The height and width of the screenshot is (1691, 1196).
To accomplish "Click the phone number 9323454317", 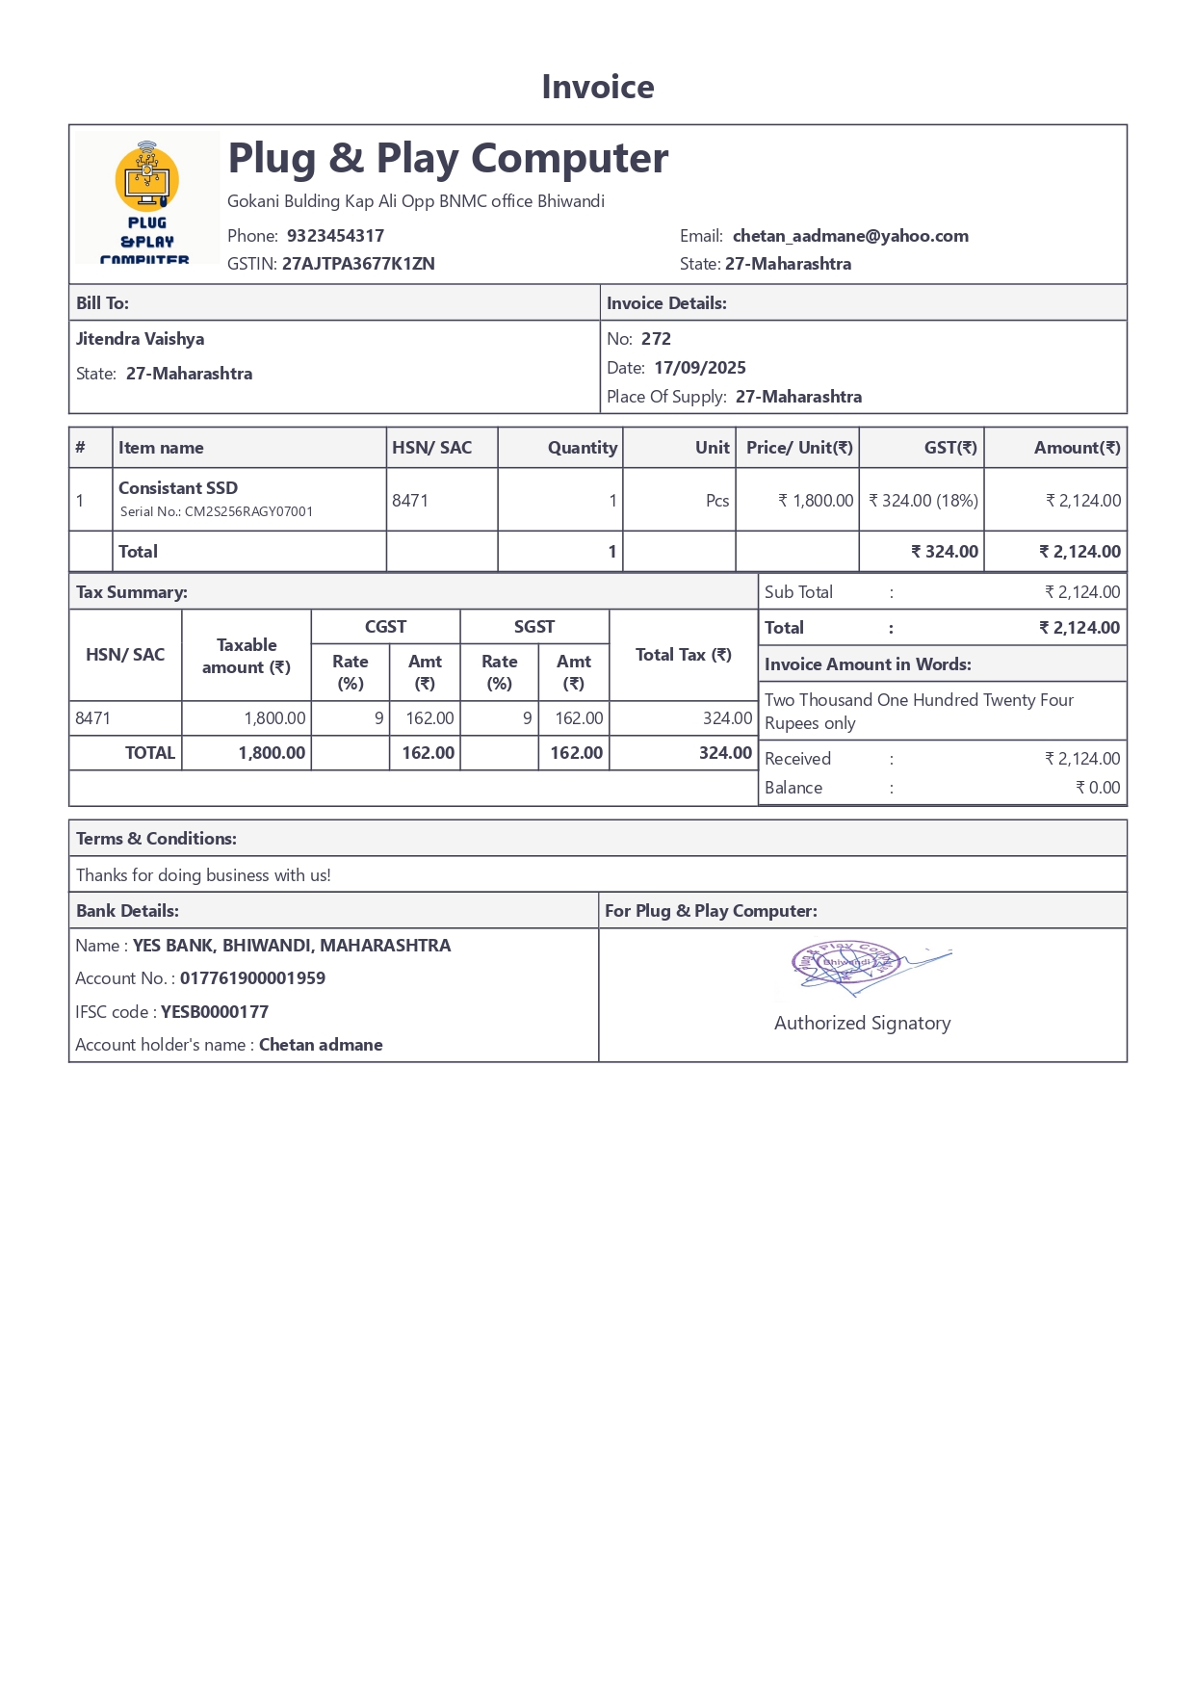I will (x=335, y=236).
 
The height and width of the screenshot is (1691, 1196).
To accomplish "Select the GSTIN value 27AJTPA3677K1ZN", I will (x=358, y=264).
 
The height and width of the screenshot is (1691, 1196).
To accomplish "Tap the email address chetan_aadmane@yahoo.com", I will (x=850, y=236).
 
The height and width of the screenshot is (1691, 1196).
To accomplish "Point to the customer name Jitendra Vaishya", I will (x=141, y=339).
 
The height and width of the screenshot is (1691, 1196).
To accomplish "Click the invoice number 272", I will (x=656, y=339).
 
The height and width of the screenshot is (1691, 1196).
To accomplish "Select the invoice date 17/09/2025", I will (x=700, y=368).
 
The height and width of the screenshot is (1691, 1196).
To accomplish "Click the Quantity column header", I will (x=582, y=448).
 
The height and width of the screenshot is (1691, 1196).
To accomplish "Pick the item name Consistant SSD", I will (x=178, y=488).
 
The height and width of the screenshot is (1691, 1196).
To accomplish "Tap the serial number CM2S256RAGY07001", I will (x=248, y=512).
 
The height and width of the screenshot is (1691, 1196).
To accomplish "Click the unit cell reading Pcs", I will (x=717, y=501).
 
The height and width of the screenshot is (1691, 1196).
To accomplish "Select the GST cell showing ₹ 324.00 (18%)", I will (x=923, y=501).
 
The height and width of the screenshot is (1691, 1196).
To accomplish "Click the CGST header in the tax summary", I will (x=385, y=627).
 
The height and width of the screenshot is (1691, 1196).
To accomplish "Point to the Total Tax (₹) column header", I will (x=684, y=655).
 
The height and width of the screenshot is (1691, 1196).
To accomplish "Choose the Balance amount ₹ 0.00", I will (x=1098, y=788).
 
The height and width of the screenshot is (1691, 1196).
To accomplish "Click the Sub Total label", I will (x=798, y=592).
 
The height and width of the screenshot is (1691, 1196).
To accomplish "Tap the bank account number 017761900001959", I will (x=252, y=978).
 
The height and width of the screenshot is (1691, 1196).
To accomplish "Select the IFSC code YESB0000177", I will (x=215, y=1012).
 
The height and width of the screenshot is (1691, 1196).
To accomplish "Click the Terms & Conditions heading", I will (x=156, y=839).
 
